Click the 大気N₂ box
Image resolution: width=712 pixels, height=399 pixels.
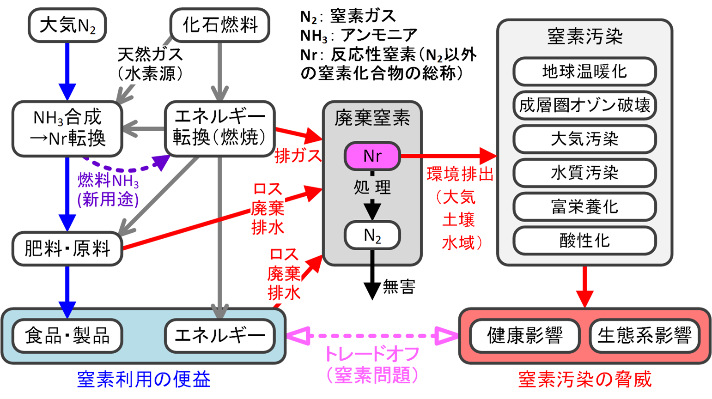pyautogui.click(x=67, y=25)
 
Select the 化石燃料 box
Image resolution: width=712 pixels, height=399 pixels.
pyautogui.click(x=220, y=25)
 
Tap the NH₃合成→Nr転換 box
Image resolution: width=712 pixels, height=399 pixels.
pyautogui.click(x=67, y=128)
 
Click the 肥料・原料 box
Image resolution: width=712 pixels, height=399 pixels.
pyautogui.click(x=67, y=249)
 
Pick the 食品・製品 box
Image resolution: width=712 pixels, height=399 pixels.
pyautogui.click(x=67, y=335)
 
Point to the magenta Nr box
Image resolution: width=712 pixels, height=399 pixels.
pyautogui.click(x=372, y=156)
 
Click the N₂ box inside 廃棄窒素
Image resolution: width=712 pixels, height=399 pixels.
pyautogui.click(x=372, y=236)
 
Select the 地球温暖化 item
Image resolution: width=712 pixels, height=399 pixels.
pyautogui.click(x=584, y=72)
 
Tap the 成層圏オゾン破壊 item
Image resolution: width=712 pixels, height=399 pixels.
pyautogui.click(x=584, y=105)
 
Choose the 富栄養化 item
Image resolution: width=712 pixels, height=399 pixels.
pyautogui.click(x=584, y=206)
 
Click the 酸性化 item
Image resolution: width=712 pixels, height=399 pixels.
pyautogui.click(x=584, y=240)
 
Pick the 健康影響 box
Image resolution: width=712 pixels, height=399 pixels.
pyautogui.click(x=525, y=336)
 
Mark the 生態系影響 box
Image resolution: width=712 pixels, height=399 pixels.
pyautogui.click(x=645, y=336)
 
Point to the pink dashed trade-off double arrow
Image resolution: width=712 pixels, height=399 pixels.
pyautogui.click(x=372, y=336)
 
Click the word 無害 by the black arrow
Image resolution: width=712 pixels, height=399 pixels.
pyautogui.click(x=399, y=287)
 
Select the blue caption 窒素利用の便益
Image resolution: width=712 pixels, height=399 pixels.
pyautogui.click(x=144, y=379)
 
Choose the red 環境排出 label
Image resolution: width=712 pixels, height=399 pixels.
pyautogui.click(x=460, y=174)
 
